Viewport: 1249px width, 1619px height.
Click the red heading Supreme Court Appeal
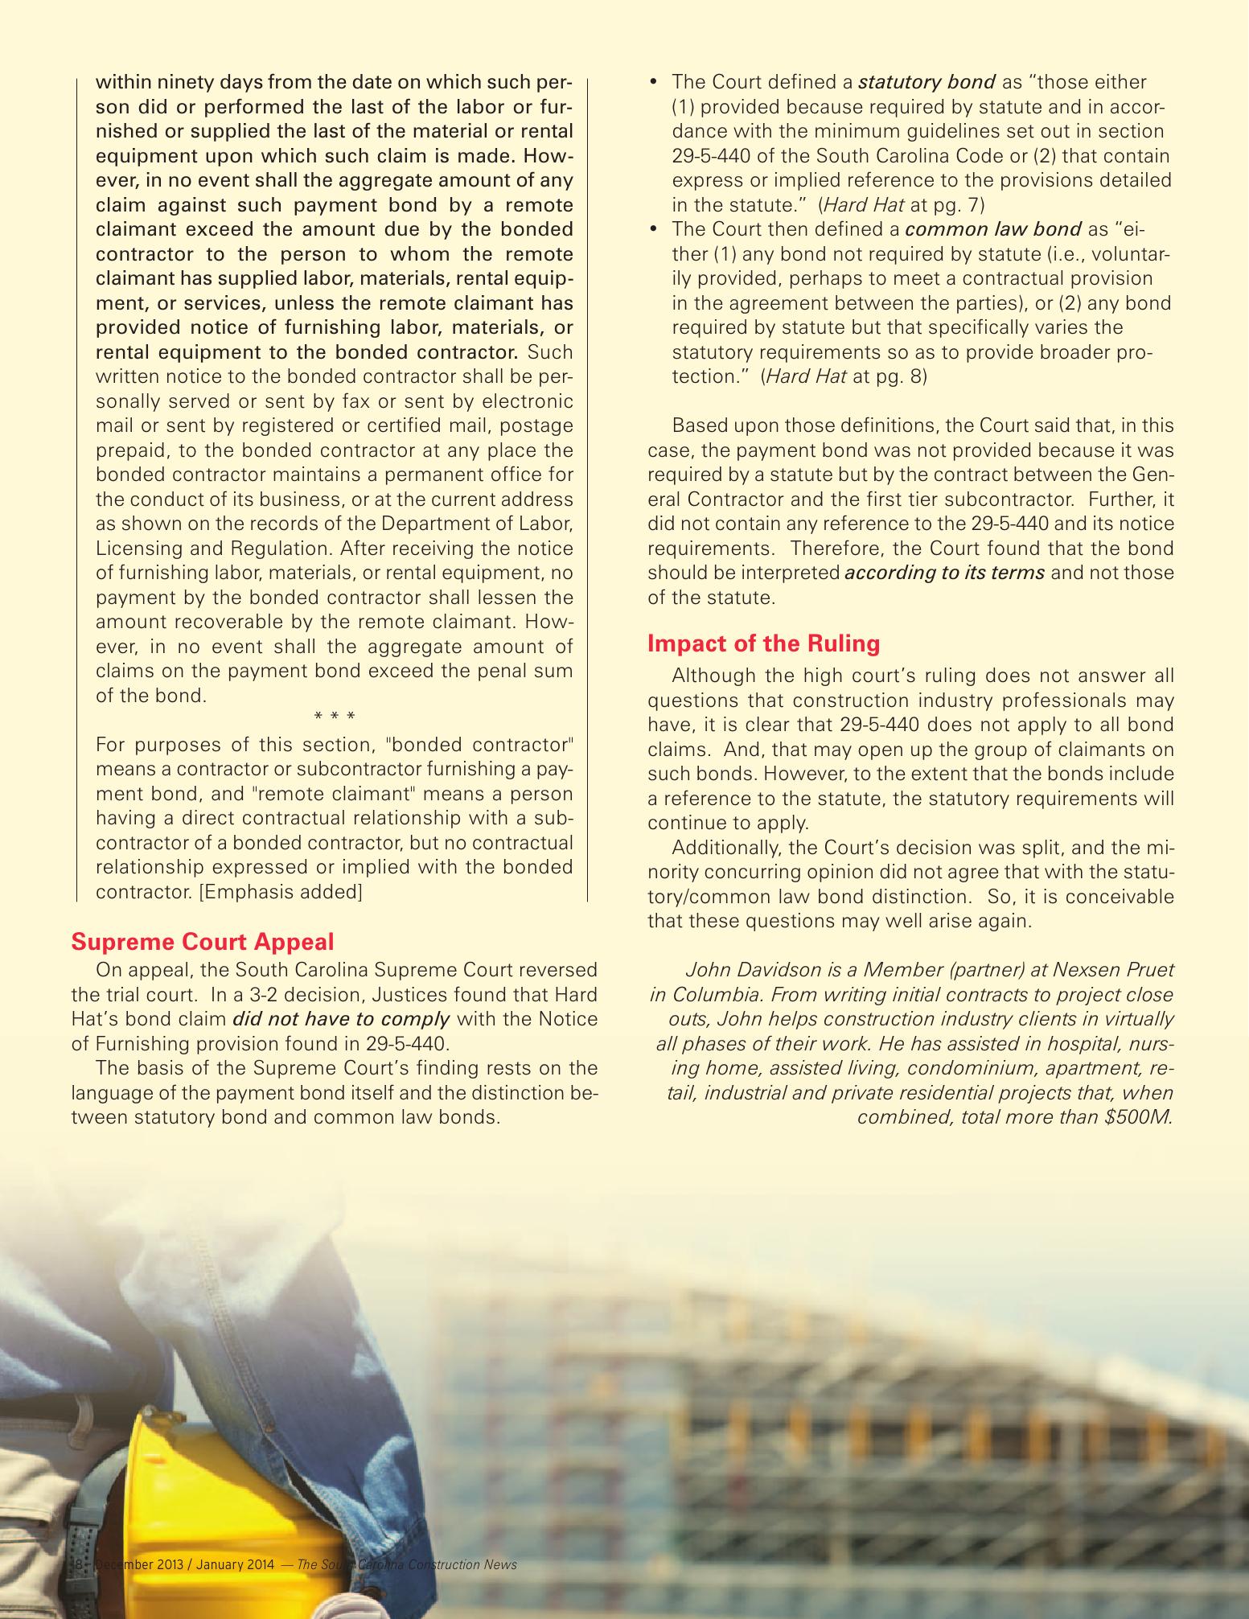click(x=203, y=941)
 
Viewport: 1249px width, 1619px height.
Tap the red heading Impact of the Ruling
click(x=763, y=644)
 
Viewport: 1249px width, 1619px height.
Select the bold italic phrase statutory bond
click(x=927, y=82)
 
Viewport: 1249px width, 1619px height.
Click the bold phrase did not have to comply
click(x=340, y=1019)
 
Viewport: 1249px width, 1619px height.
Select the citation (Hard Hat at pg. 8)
click(x=844, y=376)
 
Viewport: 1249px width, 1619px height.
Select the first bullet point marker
click(x=653, y=82)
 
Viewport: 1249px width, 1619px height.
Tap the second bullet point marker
click(x=653, y=229)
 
